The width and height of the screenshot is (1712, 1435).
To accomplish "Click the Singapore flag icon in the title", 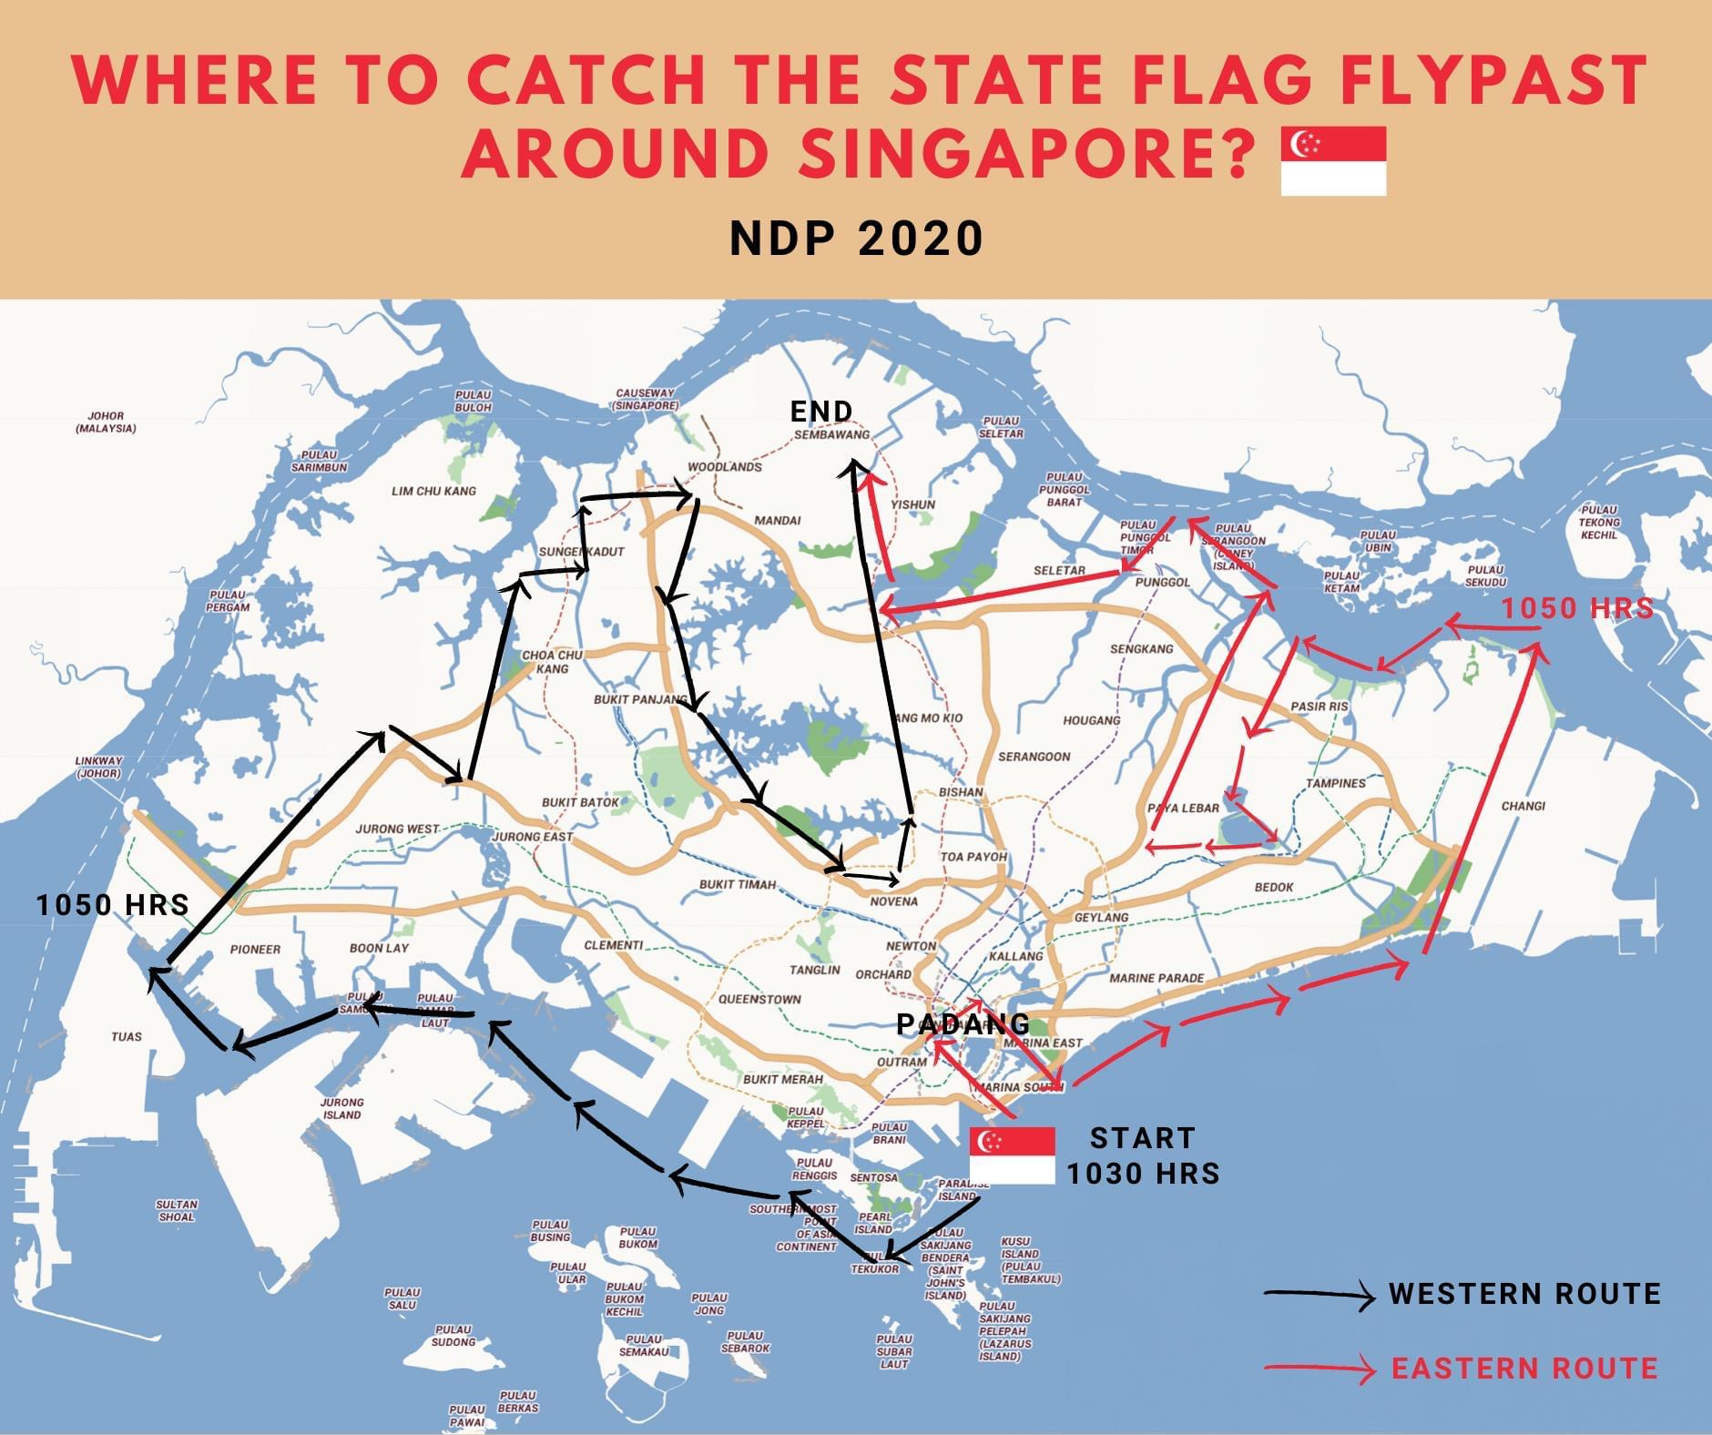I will (x=1333, y=161).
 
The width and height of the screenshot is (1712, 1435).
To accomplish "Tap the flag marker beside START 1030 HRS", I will (x=1012, y=1155).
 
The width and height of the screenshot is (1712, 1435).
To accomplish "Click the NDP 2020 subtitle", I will (x=856, y=239).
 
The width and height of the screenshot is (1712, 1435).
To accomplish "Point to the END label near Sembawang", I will (x=821, y=412).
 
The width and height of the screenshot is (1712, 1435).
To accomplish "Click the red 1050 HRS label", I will (x=1576, y=608).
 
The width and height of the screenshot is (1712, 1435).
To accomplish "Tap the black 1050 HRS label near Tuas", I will (x=113, y=904).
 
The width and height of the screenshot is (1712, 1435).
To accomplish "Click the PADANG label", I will (x=963, y=1024).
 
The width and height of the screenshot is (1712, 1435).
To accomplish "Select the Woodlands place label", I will (x=724, y=467).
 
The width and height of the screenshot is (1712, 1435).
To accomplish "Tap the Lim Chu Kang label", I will (x=433, y=491).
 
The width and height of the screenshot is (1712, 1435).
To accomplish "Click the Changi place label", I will (x=1523, y=806).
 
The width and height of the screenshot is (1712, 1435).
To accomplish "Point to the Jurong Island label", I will (x=341, y=1108).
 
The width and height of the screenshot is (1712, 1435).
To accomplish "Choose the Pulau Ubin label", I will (x=1377, y=541).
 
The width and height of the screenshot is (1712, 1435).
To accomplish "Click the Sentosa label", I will (x=873, y=1177).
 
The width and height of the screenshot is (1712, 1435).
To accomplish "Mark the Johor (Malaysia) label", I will (x=106, y=422).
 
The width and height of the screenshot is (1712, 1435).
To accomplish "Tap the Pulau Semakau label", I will (x=644, y=1345).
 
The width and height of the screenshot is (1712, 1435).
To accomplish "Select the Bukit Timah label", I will (x=737, y=884).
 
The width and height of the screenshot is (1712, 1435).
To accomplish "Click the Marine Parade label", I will (x=1157, y=978).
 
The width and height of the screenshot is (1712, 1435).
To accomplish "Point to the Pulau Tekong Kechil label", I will (x=1599, y=522).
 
